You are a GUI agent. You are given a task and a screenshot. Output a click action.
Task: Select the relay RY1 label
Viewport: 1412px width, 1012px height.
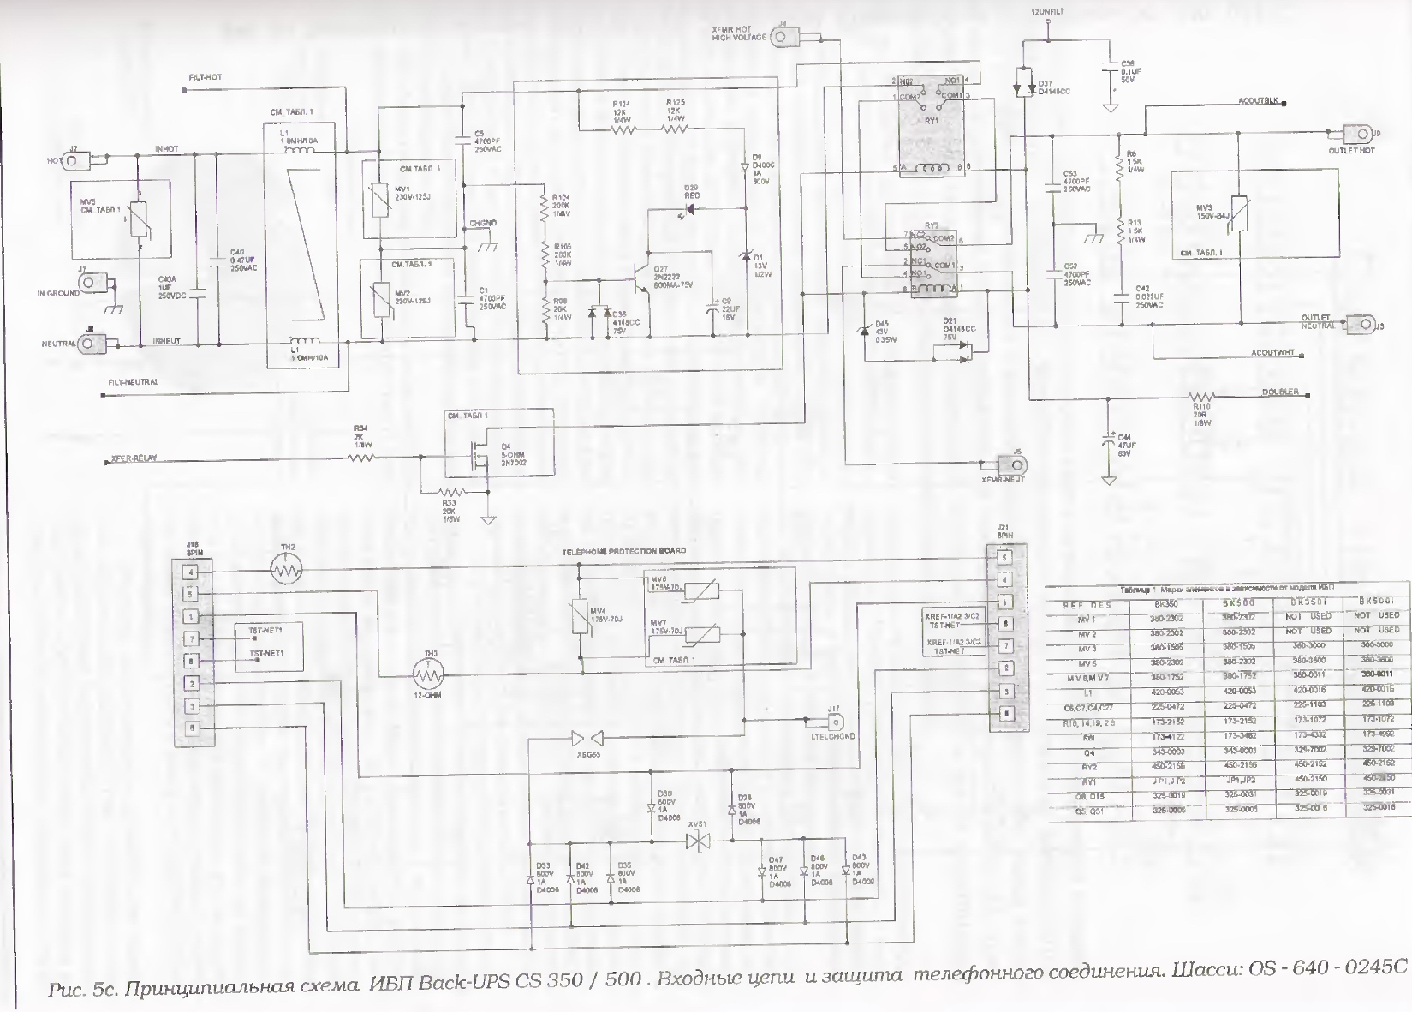[x=932, y=121]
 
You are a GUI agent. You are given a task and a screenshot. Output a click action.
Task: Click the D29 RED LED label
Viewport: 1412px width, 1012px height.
[x=691, y=191]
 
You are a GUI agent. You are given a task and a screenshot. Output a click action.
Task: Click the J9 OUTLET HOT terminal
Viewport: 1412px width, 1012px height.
[x=1355, y=135]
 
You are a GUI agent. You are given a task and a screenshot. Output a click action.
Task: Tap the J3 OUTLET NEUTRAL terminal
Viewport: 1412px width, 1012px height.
[x=1357, y=324]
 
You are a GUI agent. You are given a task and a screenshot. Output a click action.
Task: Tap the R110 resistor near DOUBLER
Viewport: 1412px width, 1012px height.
[x=1202, y=398]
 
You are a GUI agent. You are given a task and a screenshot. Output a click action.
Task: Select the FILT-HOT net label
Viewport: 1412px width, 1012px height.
[x=206, y=78]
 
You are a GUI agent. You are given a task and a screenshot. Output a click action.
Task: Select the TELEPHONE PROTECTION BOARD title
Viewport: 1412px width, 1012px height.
[x=623, y=551]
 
